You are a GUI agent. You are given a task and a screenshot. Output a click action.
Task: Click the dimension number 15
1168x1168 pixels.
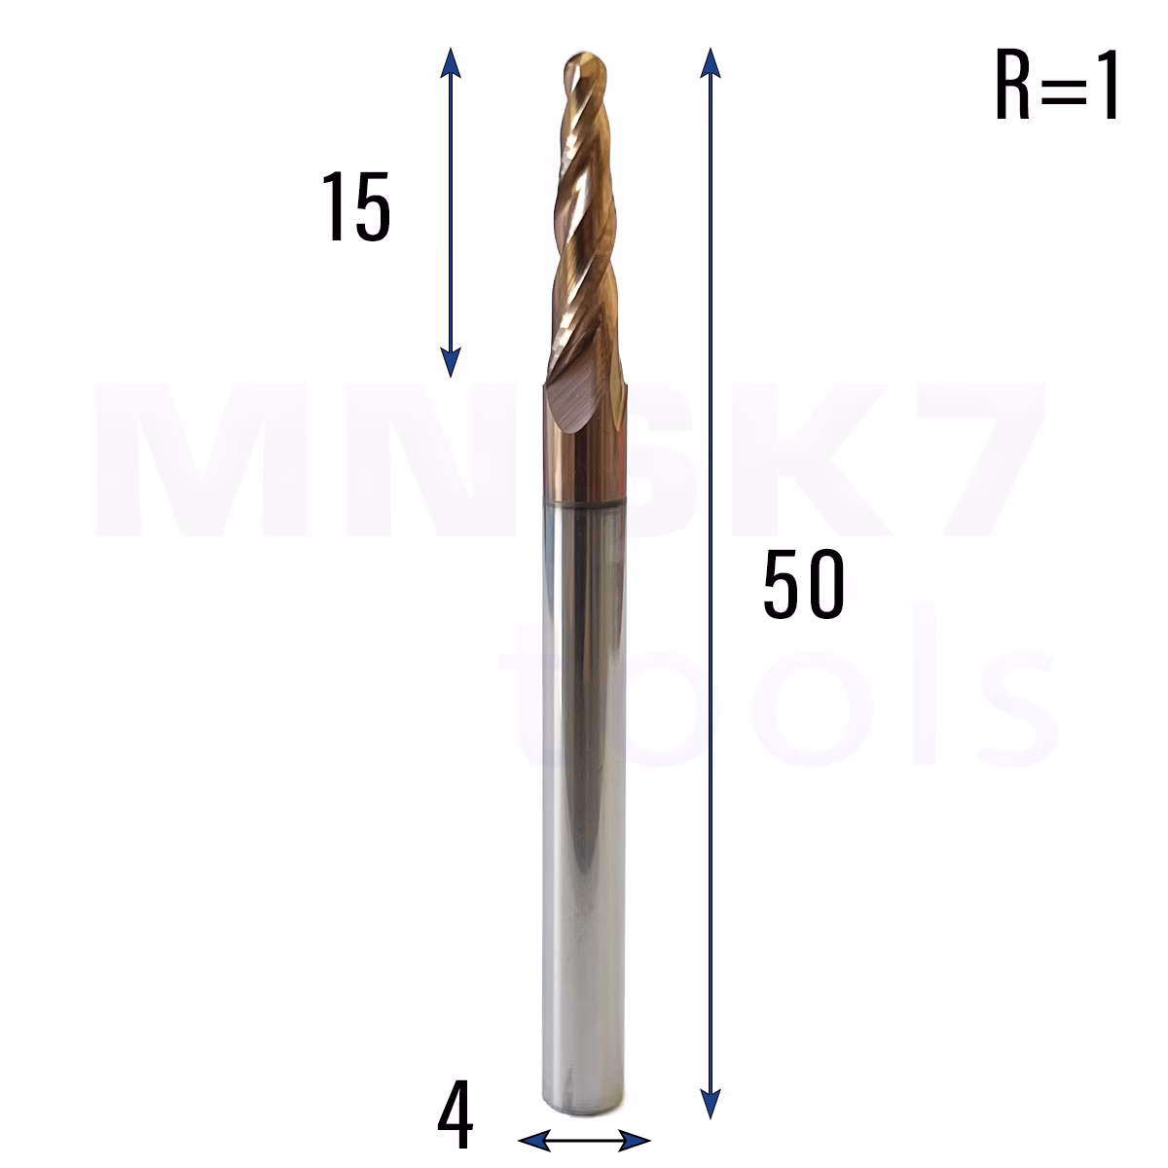pyautogui.click(x=356, y=206)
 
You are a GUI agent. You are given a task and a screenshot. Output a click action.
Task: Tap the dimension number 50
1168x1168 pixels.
pyautogui.click(x=804, y=584)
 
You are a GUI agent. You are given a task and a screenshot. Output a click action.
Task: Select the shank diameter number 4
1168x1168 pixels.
pyautogui.click(x=456, y=1113)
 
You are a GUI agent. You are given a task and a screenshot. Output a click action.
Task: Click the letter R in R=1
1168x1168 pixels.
pyautogui.click(x=1012, y=85)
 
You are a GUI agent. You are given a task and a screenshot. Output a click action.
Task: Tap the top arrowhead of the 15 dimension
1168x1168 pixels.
pyautogui.click(x=450, y=62)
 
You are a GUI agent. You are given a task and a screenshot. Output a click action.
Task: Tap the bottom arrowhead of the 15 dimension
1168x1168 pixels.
pyautogui.click(x=450, y=362)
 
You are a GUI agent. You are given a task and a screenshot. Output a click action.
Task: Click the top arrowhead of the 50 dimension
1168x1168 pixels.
pyautogui.click(x=710, y=62)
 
